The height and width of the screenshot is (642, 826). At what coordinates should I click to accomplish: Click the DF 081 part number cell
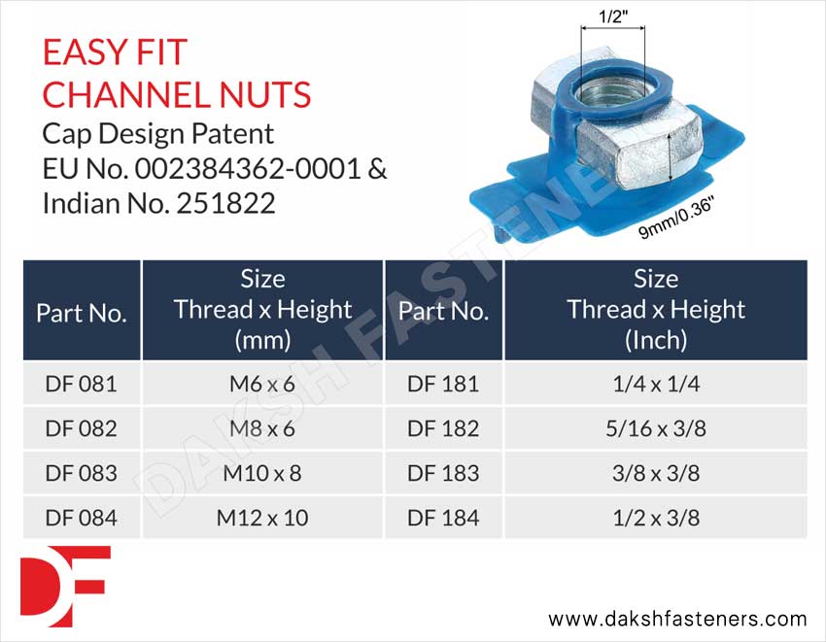click(81, 384)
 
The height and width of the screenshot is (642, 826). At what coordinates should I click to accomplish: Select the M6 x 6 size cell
click(262, 384)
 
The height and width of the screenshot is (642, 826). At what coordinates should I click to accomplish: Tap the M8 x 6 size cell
click(262, 428)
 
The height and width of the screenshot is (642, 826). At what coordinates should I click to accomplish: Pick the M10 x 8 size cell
click(262, 473)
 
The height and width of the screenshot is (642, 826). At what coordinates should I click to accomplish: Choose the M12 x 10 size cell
click(262, 518)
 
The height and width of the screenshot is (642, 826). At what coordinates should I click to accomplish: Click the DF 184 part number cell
click(443, 518)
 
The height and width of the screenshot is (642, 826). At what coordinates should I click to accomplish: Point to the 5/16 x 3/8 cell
click(655, 428)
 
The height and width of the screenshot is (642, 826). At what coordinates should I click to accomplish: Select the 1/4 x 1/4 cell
click(655, 384)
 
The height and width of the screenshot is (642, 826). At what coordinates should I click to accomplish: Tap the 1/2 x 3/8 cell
click(655, 518)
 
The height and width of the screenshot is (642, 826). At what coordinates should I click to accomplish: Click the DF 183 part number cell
click(443, 473)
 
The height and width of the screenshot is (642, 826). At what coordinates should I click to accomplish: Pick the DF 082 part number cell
click(81, 428)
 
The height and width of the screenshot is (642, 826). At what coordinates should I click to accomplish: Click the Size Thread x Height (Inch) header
click(655, 310)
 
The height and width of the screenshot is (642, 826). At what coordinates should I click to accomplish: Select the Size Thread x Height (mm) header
click(262, 310)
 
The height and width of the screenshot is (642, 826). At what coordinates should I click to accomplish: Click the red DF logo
click(64, 586)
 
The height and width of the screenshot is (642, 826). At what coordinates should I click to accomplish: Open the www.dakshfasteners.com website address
click(677, 619)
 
